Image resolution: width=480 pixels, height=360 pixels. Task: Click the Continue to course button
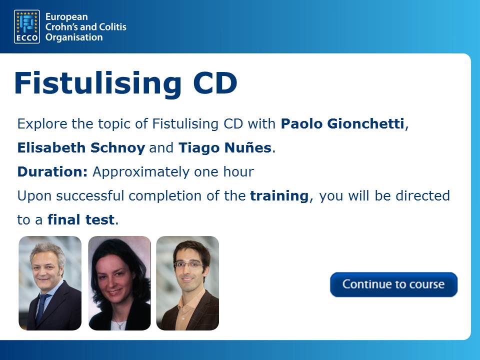[393, 284]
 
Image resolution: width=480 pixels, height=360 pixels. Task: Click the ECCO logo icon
[27, 26]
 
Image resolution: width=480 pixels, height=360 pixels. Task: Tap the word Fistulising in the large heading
[98, 83]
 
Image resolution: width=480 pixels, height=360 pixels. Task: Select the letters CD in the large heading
[215, 83]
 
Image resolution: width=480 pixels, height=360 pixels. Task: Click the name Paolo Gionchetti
[342, 123]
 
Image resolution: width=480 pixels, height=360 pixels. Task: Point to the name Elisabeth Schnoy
[81, 147]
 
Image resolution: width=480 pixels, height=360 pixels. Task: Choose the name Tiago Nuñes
[225, 147]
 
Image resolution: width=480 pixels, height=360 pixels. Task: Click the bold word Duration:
[52, 171]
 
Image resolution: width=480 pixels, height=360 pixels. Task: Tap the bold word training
[279, 196]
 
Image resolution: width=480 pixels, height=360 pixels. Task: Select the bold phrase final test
[81, 219]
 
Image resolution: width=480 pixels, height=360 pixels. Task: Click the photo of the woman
[119, 283]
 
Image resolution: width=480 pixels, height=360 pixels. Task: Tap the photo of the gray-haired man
[50, 283]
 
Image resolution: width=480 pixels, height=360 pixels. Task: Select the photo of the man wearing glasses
[187, 283]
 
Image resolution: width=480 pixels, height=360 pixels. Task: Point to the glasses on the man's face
[188, 265]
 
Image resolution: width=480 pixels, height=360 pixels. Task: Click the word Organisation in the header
[74, 37]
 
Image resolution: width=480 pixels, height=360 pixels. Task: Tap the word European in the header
[66, 17]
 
